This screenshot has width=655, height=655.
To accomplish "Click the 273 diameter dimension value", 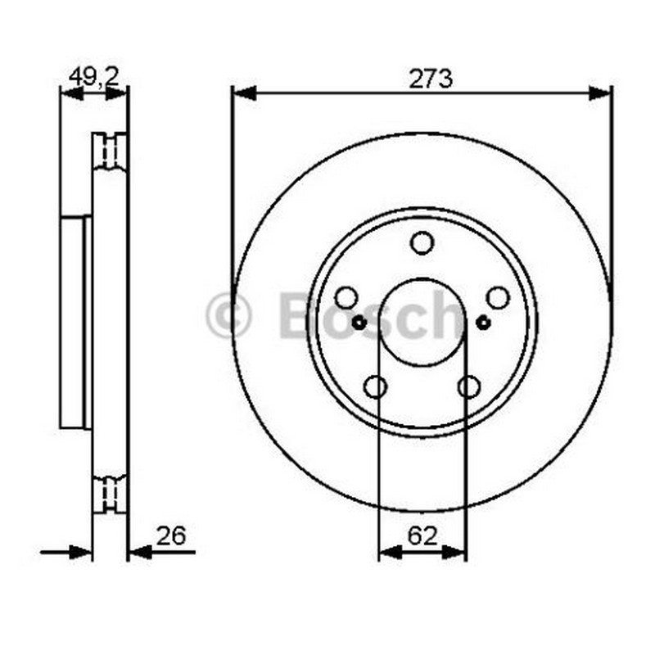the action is coord(431,79).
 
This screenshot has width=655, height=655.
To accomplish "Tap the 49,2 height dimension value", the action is coord(94,77).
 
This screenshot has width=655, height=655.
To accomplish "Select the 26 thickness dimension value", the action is coord(171,536).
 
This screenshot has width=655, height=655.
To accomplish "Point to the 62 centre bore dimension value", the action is coord(422,536).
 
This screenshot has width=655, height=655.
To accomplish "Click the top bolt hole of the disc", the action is coord(422,243).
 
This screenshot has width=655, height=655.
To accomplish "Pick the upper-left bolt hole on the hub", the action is coord(346,298).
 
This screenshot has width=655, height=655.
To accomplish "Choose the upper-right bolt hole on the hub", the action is coord(498,298).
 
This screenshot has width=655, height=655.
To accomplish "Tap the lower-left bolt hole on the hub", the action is coord(375,386).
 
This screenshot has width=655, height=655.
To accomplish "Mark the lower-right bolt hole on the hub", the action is coord(468,386).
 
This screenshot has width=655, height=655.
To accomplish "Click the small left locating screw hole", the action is coord(359,323).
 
